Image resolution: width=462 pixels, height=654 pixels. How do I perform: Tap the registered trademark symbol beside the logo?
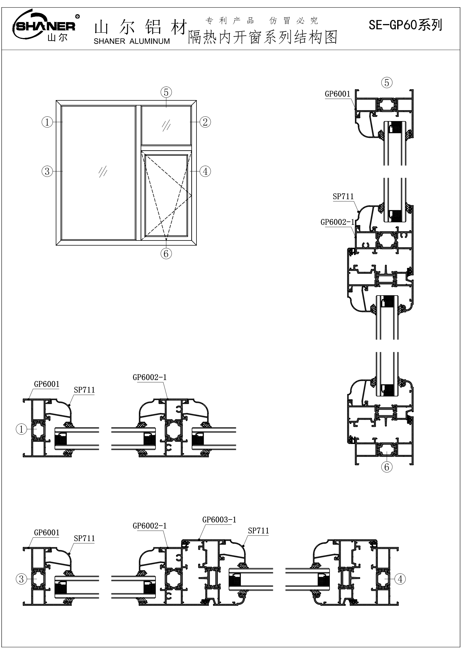point(77,16)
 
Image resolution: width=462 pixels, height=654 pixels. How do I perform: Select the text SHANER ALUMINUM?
point(132,41)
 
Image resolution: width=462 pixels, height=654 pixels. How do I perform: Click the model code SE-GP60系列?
point(405,25)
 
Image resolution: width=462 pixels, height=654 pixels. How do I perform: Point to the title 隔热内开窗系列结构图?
point(263,37)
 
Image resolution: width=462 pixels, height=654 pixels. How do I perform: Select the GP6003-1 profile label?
point(219,520)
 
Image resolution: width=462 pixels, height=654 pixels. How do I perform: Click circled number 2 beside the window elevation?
point(205,122)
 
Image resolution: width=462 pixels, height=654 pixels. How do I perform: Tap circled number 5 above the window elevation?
point(166,92)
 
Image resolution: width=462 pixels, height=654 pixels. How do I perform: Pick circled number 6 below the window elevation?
point(166,254)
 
